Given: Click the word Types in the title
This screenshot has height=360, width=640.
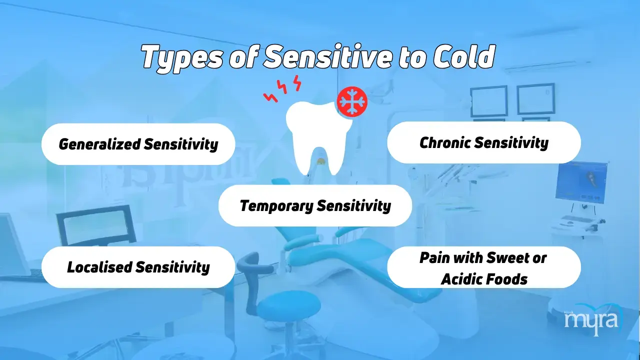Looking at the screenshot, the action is point(182,57).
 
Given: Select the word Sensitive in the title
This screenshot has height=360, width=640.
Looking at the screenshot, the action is point(327,56).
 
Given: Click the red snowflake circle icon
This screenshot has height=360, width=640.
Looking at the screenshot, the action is point(352,101).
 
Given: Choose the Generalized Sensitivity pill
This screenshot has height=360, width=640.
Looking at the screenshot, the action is point(138,144).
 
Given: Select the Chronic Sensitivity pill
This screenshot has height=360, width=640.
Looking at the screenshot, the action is point(484,142).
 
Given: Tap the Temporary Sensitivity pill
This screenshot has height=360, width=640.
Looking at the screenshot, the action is point(315,205).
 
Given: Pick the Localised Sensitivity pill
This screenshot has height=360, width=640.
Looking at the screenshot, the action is point(138,267).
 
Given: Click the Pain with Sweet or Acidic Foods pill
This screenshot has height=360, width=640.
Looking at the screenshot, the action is point(484,267).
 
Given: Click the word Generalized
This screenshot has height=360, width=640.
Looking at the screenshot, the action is point(99,143).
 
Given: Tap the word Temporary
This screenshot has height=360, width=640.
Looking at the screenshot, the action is point(276,206).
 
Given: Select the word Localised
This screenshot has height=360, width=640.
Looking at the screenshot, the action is point(99,267).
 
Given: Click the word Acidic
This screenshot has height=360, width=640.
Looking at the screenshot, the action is point(463,279).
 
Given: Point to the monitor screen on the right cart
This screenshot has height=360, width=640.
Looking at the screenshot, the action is point(581,181).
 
